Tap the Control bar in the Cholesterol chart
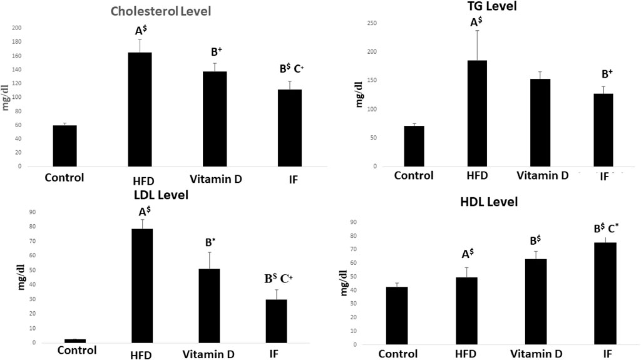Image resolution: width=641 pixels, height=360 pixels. [64, 146]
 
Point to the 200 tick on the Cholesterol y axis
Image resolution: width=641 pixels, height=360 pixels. [16, 28]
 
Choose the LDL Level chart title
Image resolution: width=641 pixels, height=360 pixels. [161, 195]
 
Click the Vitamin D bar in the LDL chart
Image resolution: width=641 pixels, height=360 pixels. [208, 306]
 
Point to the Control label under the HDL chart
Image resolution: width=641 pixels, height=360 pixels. [403, 354]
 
